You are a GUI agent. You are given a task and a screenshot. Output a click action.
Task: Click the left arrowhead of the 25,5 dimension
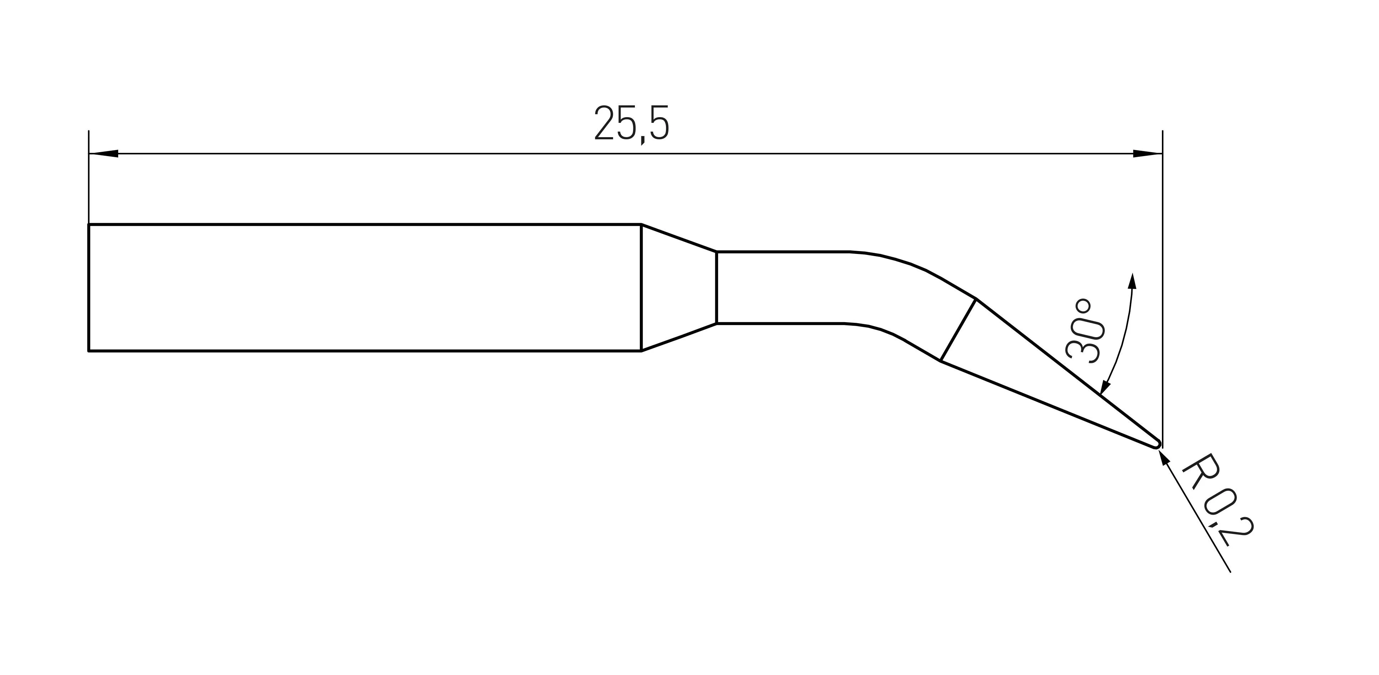tap(104, 154)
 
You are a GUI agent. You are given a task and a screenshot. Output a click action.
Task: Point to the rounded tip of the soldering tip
tap(1157, 443)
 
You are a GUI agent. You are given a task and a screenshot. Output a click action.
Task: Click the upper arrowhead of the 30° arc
tap(1132, 281)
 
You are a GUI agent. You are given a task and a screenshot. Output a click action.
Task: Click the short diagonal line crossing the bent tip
tap(958, 330)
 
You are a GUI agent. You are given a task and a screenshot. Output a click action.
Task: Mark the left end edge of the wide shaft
tap(89, 287)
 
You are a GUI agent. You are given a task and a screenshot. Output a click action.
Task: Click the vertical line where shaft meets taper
tap(641, 287)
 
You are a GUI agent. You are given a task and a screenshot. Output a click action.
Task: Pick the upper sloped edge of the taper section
tap(678, 237)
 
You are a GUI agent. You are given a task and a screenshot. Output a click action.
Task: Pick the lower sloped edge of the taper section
tap(678, 337)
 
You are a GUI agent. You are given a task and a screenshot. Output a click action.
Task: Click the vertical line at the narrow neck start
tap(716, 287)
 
